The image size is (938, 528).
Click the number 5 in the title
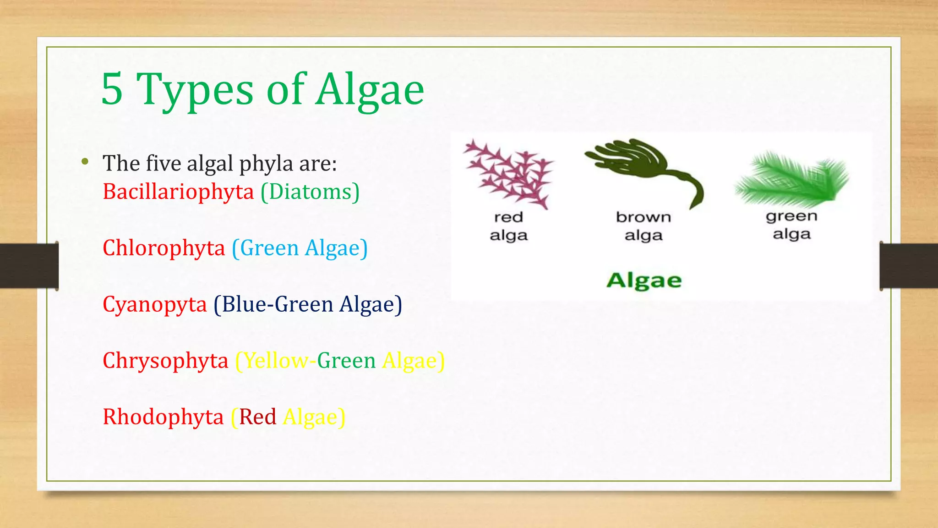112,89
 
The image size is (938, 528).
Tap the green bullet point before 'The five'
85,161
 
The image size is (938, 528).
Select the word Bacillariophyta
178,192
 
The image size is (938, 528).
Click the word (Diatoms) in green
310,192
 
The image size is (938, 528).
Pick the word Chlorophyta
164,248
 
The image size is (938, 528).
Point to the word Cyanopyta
155,304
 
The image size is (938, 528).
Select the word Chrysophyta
165,361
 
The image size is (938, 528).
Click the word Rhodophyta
163,417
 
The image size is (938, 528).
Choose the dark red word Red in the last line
257,417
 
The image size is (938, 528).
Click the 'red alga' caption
508,226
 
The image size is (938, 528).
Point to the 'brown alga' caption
644,226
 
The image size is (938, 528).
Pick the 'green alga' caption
791,225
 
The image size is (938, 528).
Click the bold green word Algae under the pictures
644,280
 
